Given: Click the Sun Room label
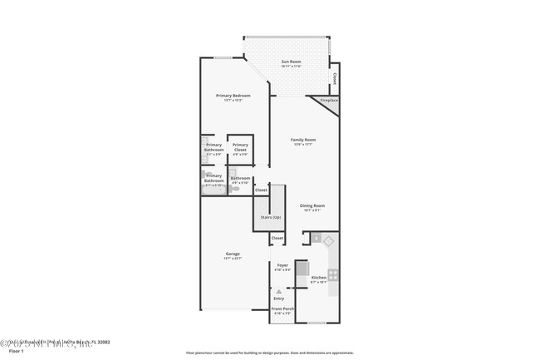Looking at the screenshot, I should point(291,62).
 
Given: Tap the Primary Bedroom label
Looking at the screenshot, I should point(233,96).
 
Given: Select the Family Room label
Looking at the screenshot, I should point(302,140).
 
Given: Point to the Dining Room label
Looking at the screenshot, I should point(312,205).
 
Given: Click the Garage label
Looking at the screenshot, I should point(233,254).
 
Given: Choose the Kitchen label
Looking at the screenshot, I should point(318,278).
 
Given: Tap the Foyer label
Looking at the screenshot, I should point(282,265).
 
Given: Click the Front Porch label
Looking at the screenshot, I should point(282,309).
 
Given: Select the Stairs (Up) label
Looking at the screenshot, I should point(270,216).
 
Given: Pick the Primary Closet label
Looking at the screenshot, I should point(240,145).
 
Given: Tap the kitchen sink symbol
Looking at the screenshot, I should point(327,241).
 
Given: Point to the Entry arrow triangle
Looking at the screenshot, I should point(279,292).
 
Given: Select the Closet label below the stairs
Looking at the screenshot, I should point(277,238).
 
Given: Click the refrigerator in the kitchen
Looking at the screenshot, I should point(302,269).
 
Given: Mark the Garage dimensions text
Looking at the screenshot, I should point(233,259).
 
